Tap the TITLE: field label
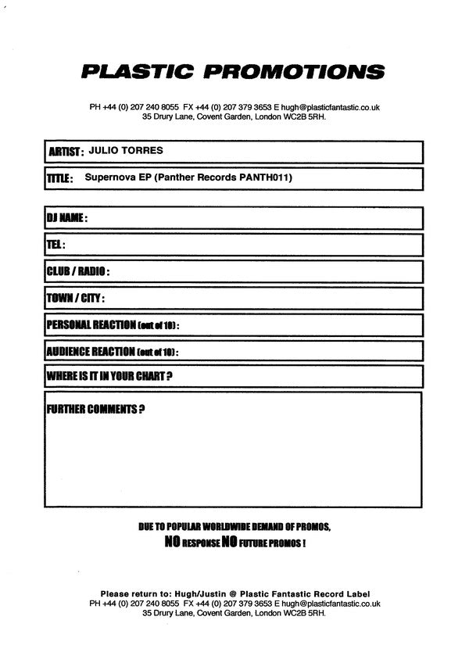pyautogui.click(x=60, y=179)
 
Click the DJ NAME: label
pyautogui.click(x=67, y=219)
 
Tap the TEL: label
pyautogui.click(x=55, y=245)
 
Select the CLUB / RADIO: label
pyautogui.click(x=78, y=272)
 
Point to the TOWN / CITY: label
pyautogui.click(x=76, y=299)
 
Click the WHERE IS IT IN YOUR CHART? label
pyautogui.click(x=109, y=377)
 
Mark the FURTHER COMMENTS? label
pyautogui.click(x=95, y=409)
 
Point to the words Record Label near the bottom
pyautogui.click(x=341, y=593)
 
